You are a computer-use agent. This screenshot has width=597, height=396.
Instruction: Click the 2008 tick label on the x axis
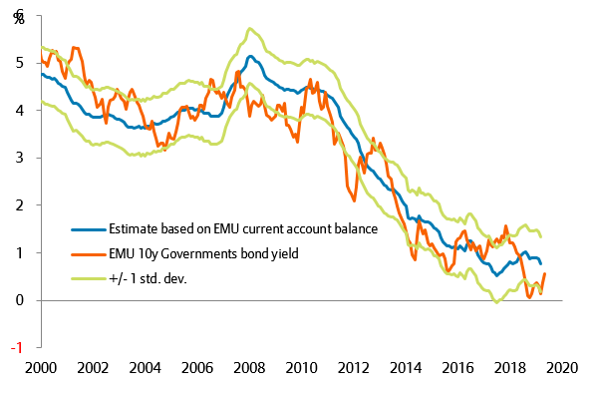coord(249,366)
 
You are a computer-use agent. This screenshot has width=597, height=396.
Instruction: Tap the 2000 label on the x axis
coord(40,366)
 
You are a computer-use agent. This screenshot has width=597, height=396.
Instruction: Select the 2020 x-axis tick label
coord(564,366)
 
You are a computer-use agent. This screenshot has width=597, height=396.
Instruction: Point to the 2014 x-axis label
coord(407,366)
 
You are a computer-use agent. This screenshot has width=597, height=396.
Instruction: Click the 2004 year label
coord(145,366)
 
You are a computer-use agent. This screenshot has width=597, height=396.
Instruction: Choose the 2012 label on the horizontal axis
coord(355,366)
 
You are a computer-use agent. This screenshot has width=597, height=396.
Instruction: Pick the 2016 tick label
coord(459,366)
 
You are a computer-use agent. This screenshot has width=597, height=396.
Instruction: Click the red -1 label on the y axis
coord(18,347)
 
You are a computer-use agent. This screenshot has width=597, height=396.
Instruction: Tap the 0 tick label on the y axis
coord(20,300)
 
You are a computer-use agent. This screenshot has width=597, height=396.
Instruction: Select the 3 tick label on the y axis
coord(20,158)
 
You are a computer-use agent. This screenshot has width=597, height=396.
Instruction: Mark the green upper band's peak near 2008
coord(248,28)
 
